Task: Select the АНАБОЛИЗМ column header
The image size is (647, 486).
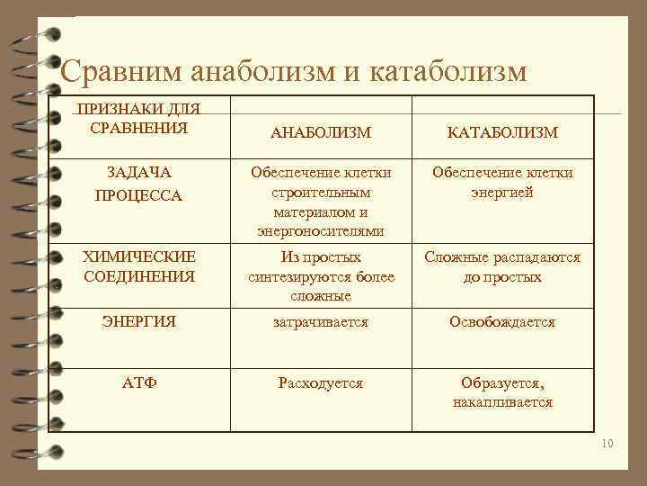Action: pyautogui.click(x=321, y=133)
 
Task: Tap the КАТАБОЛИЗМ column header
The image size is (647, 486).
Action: pyautogui.click(x=502, y=133)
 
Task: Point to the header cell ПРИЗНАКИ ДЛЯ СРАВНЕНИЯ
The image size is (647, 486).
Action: pyautogui.click(x=139, y=118)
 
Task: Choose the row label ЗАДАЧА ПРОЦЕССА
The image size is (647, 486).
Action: pyautogui.click(x=139, y=184)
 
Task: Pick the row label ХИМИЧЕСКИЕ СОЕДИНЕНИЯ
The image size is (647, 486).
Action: pyautogui.click(x=139, y=267)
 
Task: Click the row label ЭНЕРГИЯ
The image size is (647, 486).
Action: pyautogui.click(x=139, y=321)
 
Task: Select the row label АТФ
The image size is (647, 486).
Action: pyautogui.click(x=139, y=383)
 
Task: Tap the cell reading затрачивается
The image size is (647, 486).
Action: pyautogui.click(x=321, y=321)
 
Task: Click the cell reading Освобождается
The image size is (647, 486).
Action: pyautogui.click(x=502, y=321)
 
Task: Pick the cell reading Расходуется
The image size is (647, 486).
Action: pyautogui.click(x=321, y=383)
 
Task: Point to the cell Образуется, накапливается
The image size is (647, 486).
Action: pyautogui.click(x=502, y=393)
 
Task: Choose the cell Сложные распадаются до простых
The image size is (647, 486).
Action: pyautogui.click(x=502, y=267)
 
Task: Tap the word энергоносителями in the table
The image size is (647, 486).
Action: pyautogui.click(x=321, y=231)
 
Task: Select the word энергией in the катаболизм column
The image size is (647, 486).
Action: pyautogui.click(x=502, y=192)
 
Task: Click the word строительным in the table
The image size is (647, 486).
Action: pyautogui.click(x=321, y=193)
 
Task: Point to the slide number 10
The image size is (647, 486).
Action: pyautogui.click(x=606, y=444)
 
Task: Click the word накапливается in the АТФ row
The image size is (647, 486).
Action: pyautogui.click(x=502, y=403)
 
